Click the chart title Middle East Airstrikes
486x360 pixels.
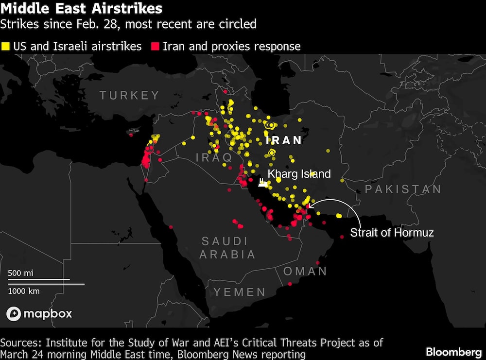coord(81,8)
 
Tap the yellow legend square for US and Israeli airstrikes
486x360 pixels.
coord(5,47)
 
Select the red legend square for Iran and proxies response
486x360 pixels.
coord(156,47)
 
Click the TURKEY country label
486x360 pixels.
coord(129,95)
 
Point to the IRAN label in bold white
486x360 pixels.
coord(284,140)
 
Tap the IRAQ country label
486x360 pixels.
coord(214,157)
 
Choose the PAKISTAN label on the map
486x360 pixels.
coord(403,189)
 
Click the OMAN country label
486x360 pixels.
coord(305,271)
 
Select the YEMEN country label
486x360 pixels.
coord(240,292)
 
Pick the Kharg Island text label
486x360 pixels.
coord(299,174)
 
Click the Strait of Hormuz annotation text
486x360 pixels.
coord(392,233)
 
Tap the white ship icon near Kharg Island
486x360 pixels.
coord(262,182)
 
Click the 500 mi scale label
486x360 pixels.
coord(20,273)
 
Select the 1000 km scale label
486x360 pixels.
coord(24,291)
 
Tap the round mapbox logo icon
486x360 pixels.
coord(14,314)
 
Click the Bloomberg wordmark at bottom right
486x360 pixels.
coord(453,351)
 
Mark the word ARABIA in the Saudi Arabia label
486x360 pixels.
coord(227,254)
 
